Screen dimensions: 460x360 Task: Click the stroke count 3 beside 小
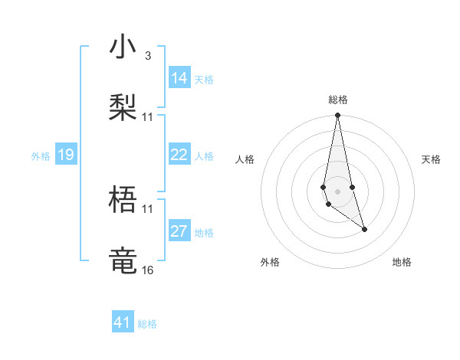(147, 56)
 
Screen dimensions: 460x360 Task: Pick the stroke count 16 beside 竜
(147, 270)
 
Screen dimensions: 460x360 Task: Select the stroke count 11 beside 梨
(147, 116)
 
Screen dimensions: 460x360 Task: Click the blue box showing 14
(179, 78)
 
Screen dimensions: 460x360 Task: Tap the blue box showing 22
(179, 155)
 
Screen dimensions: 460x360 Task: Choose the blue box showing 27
(179, 231)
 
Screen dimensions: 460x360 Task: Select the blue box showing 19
(66, 155)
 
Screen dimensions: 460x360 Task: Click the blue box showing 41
(123, 322)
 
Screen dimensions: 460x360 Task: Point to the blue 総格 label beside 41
(147, 324)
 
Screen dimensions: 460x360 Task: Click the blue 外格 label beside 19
(41, 156)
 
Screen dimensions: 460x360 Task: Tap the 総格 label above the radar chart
(338, 100)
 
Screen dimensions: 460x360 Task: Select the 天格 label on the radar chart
(432, 159)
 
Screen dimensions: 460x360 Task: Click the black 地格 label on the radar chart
(402, 262)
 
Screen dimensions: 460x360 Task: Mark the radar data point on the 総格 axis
(337, 116)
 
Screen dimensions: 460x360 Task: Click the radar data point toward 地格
(364, 229)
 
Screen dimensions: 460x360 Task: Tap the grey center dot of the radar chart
(337, 190)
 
